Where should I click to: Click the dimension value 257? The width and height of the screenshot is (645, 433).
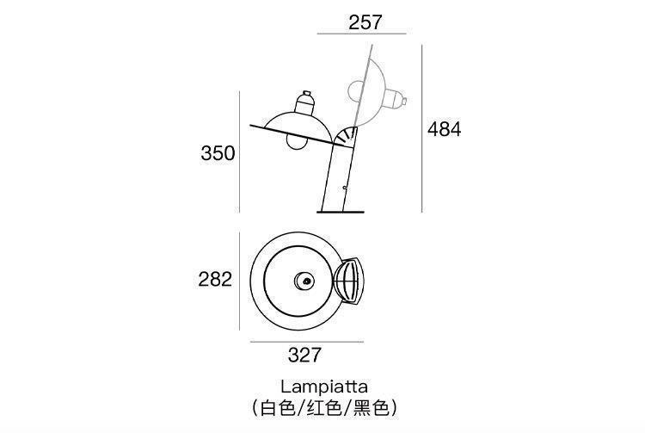365,22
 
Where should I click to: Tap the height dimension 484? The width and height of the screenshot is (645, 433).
445,129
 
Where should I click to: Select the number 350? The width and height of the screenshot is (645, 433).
218,153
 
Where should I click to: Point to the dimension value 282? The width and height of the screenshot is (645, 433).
215,279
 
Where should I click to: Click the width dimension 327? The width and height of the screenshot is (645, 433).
304,354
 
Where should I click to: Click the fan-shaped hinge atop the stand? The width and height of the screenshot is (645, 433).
347,137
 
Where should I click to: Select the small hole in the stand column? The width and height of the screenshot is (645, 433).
343,187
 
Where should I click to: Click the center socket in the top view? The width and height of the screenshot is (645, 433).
304,280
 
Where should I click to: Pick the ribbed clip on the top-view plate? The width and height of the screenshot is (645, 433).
353,280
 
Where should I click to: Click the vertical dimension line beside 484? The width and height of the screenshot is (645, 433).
421,129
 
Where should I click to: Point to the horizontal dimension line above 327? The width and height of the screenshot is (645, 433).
304,342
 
